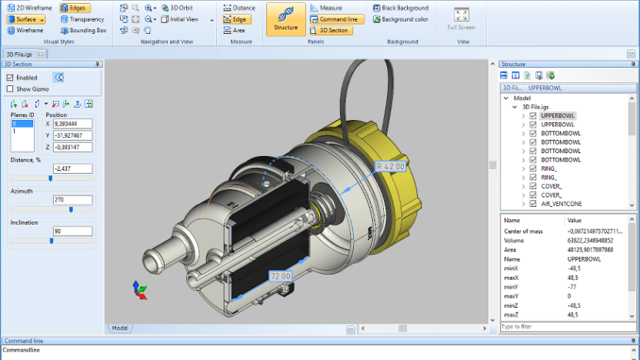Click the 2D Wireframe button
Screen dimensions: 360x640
click(x=29, y=7)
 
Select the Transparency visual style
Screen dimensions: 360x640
click(x=82, y=18)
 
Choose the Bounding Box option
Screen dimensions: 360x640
click(x=82, y=30)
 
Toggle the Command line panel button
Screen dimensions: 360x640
click(x=337, y=19)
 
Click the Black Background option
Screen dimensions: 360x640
click(x=400, y=8)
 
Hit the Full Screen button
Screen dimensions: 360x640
click(x=462, y=19)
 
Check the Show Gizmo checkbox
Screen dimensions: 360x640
click(x=10, y=88)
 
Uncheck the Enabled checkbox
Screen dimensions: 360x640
click(x=10, y=78)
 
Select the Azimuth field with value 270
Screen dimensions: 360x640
click(x=72, y=199)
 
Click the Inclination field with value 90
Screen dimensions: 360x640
click(x=72, y=231)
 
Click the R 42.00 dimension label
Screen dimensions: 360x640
click(x=390, y=165)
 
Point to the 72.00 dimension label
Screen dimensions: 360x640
click(x=280, y=275)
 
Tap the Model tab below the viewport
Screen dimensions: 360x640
click(x=120, y=328)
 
